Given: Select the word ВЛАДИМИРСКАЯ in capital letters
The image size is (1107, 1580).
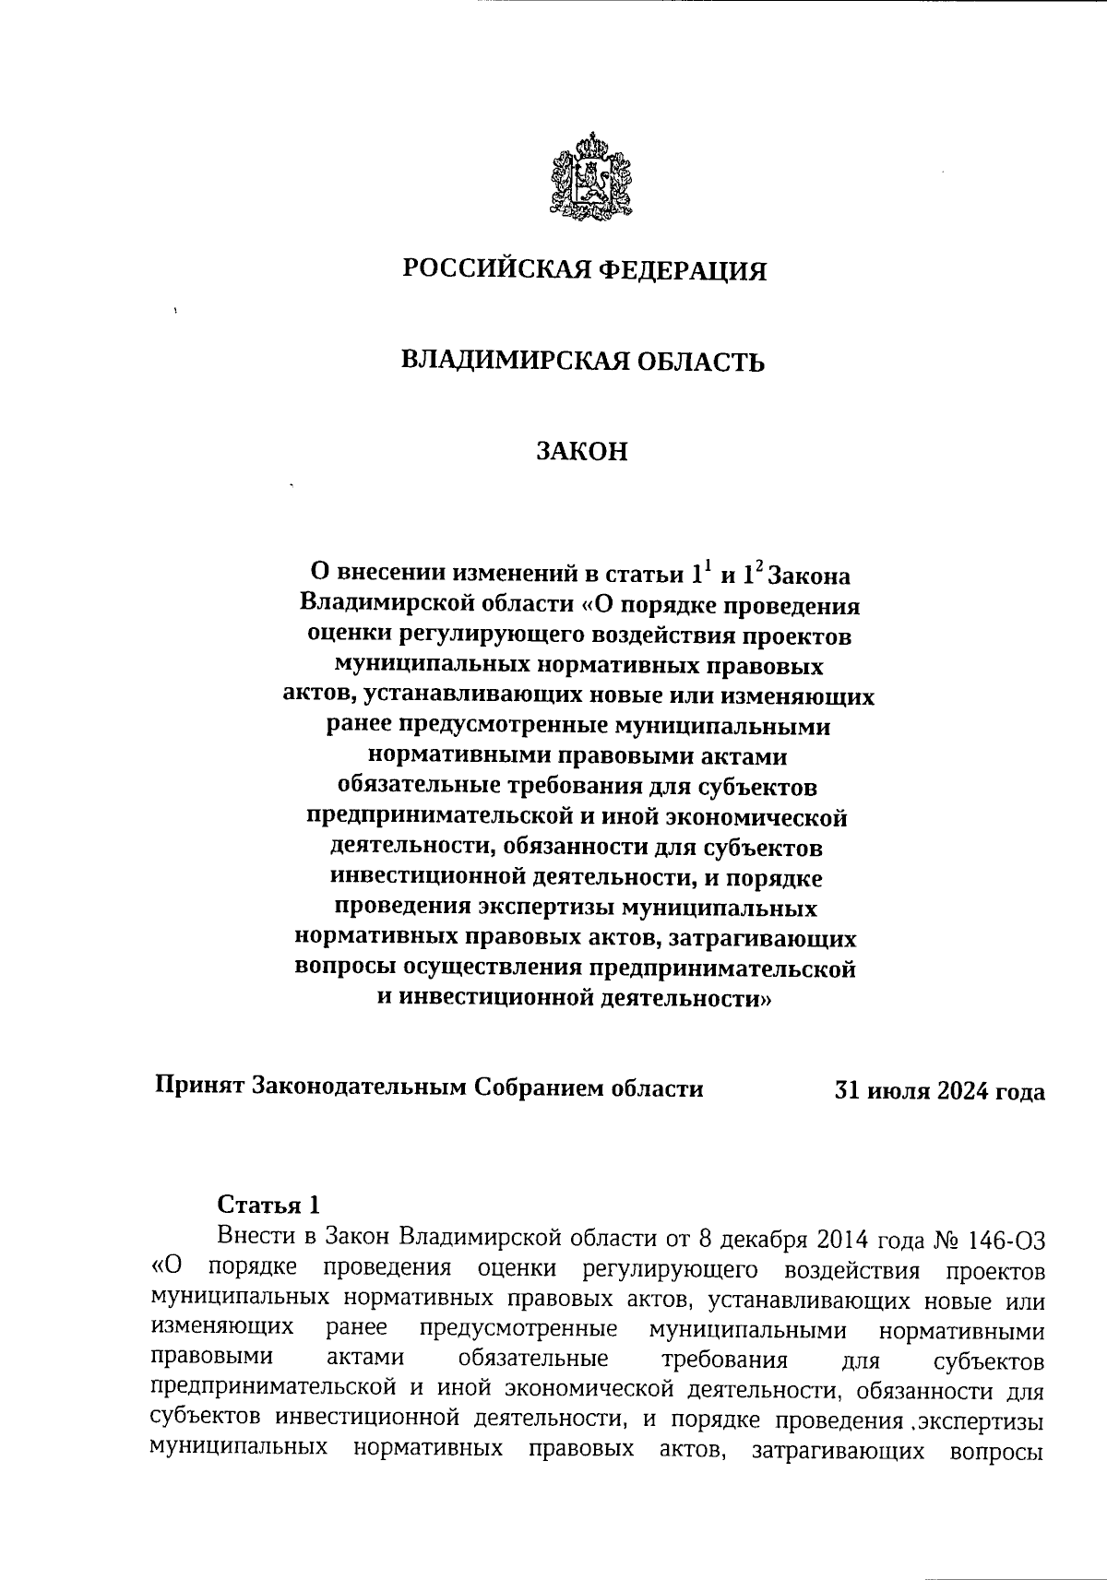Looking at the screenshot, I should point(502,361).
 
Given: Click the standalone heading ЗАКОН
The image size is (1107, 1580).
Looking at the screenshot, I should point(582,452).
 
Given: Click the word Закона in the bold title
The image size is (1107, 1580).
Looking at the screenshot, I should point(809,576).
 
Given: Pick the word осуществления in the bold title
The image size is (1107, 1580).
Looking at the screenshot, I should point(488,968).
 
